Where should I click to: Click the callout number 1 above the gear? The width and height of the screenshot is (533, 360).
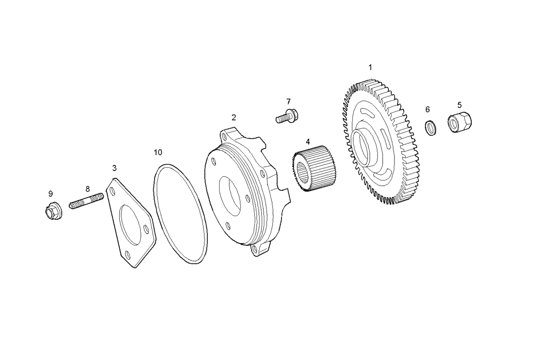tap(370, 68)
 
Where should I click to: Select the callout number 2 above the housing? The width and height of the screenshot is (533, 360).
tap(233, 117)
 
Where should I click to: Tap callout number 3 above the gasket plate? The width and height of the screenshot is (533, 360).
tap(114, 168)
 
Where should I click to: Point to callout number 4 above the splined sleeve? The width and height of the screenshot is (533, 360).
tap(308, 142)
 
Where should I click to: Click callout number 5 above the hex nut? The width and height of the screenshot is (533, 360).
tap(459, 105)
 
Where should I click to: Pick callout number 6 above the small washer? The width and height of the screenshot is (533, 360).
tap(427, 109)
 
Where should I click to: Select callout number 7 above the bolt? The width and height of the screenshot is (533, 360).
tap(288, 101)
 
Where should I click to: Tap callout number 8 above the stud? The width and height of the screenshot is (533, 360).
tap(87, 189)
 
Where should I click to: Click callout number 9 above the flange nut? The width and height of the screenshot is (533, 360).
tap(51, 193)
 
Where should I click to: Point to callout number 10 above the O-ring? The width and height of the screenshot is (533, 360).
tap(158, 152)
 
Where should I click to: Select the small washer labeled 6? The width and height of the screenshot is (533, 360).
tap(430, 128)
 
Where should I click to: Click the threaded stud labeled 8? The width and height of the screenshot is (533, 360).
tap(86, 203)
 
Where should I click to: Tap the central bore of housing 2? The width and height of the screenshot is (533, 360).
tap(230, 192)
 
